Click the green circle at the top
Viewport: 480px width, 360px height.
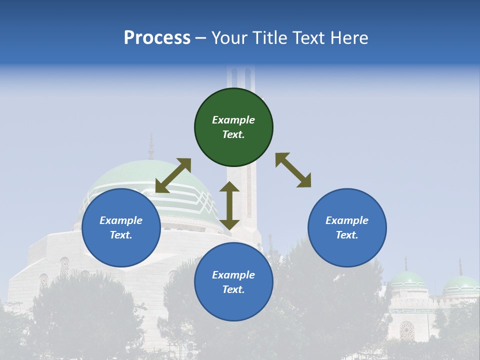233,127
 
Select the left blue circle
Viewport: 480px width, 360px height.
121,227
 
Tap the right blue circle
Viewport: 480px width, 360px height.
347,227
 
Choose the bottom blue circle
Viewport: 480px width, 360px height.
233,282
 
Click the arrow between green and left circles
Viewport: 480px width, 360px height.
173,175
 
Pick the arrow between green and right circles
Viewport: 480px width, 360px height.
293,170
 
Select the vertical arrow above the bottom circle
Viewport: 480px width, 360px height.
229,205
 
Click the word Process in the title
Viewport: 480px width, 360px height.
157,38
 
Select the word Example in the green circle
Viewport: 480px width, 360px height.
233,120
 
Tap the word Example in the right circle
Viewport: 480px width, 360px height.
347,220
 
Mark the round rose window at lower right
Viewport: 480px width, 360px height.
407,330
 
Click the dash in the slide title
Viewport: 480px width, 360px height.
201,38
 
